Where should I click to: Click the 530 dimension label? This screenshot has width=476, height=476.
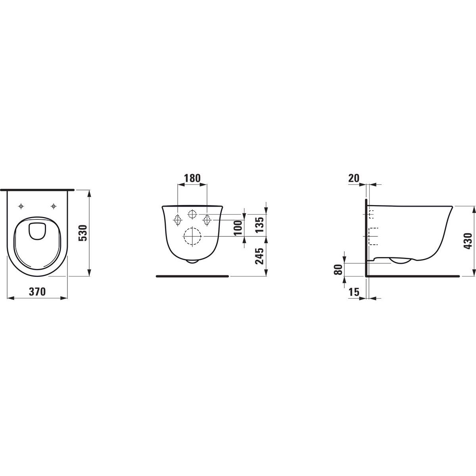83,233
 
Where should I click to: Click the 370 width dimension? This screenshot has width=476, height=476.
38,292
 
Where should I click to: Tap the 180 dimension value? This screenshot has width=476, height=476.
192,178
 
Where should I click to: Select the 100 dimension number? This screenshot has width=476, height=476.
238,228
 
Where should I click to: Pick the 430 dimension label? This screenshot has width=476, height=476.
468,241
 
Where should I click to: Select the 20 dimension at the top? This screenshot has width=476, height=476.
354,178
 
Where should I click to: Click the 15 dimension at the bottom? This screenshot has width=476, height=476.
354,292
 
